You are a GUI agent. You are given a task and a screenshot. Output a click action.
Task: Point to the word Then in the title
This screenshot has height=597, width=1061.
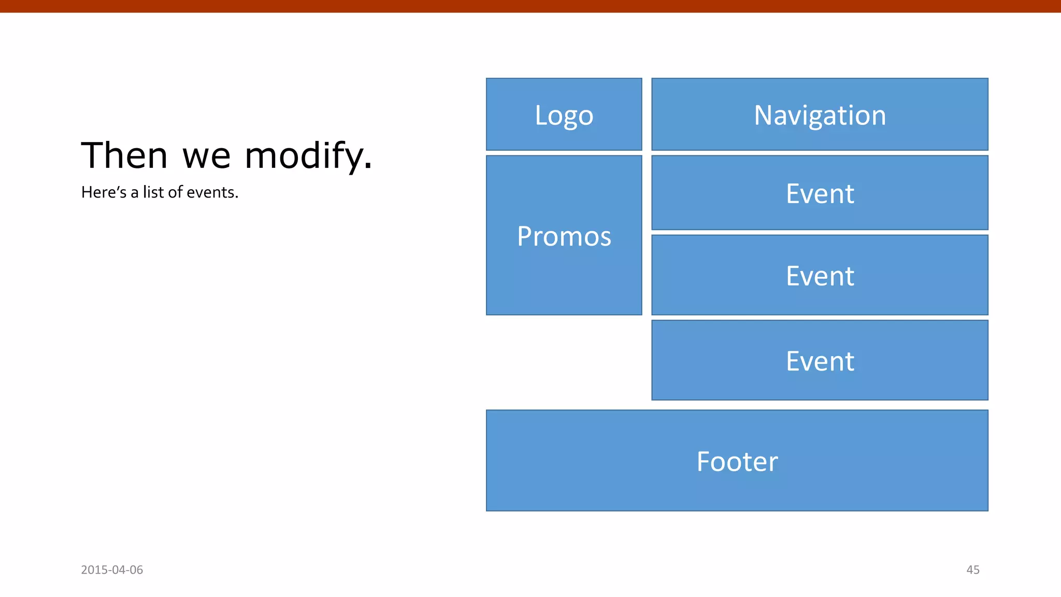point(124,155)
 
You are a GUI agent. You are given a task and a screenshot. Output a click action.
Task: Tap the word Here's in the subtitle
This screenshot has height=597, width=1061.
point(104,192)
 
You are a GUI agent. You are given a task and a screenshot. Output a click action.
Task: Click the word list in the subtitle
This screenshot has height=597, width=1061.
point(153,192)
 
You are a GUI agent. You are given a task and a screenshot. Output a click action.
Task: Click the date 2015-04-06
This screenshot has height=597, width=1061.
point(112,570)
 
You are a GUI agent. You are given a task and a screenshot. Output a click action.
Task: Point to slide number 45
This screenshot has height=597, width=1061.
point(972,570)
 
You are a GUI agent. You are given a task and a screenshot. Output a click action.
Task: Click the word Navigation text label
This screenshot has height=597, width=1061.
point(820,115)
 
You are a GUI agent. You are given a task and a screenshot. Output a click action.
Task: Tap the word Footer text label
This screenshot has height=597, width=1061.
point(737,461)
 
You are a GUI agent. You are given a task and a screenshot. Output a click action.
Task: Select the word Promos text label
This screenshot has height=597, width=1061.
point(564,236)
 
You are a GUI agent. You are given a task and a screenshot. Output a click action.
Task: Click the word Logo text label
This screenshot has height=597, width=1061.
point(564,116)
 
